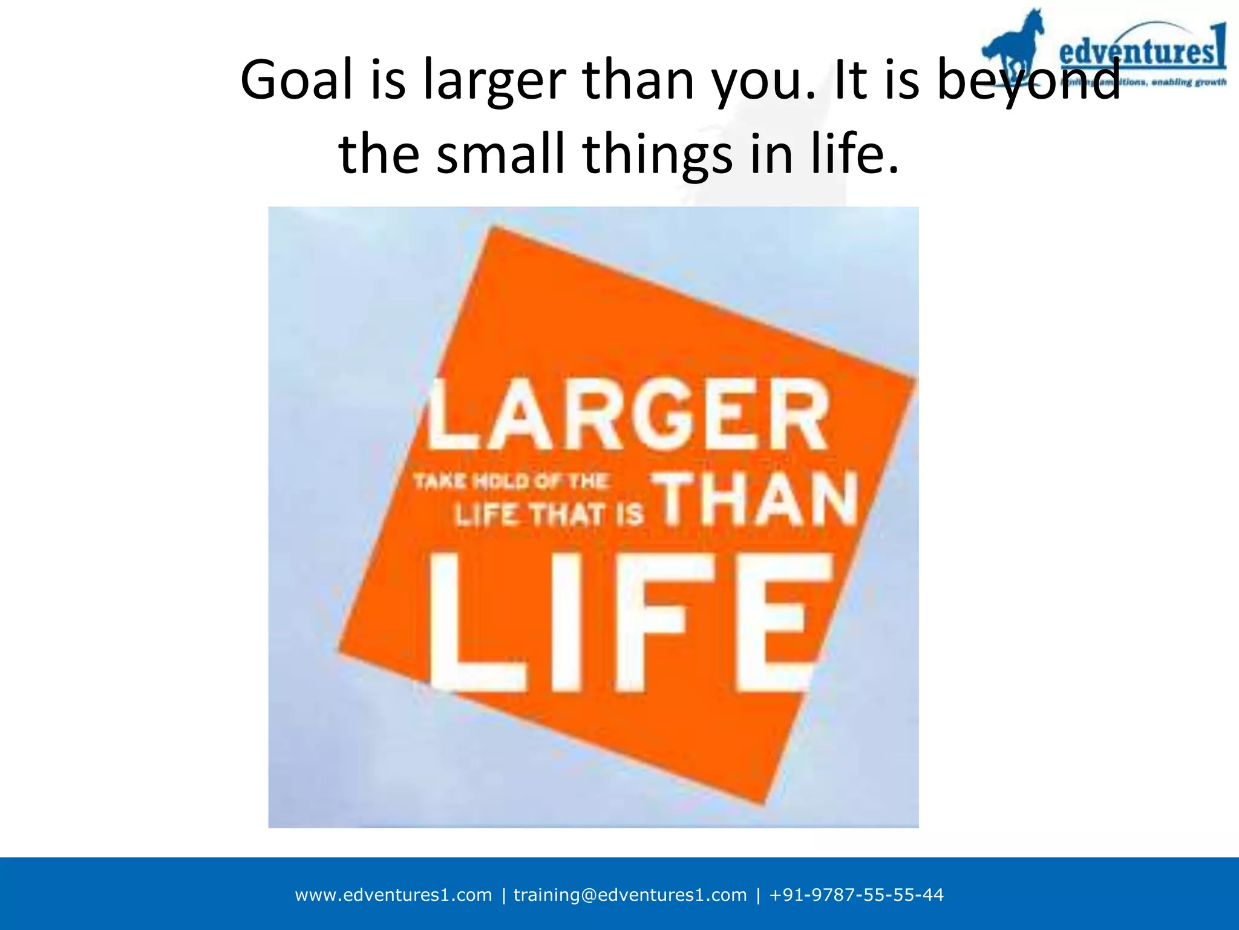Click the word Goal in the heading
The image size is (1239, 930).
296,81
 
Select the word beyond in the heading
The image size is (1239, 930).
1028,81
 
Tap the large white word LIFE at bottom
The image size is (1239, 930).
629,624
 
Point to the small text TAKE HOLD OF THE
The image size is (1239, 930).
511,481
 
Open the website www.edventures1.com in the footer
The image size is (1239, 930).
393,895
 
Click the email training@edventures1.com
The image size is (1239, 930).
630,895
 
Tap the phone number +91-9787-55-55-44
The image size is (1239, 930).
856,895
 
